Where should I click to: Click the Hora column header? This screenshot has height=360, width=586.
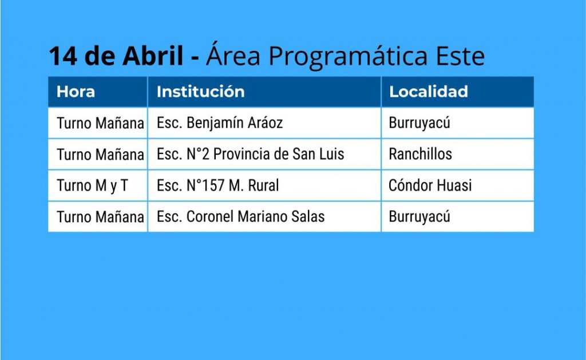[x=76, y=92]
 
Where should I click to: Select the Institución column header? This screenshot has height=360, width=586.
[x=200, y=92]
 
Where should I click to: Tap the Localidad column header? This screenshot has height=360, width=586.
[x=428, y=92]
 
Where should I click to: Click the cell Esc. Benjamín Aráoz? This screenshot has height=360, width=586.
[x=219, y=124]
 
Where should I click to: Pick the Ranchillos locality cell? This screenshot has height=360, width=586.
[x=420, y=154]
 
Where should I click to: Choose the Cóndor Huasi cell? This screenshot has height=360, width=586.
[x=430, y=185]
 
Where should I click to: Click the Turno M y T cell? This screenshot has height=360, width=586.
[x=92, y=186]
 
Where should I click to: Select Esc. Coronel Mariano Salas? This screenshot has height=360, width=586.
[x=240, y=217]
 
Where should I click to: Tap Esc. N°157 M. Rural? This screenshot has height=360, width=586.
[x=217, y=185]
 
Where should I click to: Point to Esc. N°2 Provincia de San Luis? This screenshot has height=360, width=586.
[x=250, y=154]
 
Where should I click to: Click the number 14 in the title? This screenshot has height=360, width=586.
[x=63, y=56]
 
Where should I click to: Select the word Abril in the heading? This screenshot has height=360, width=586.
[x=153, y=56]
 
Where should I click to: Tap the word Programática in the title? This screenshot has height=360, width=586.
[x=348, y=57]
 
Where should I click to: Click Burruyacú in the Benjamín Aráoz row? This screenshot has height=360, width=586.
[x=419, y=124]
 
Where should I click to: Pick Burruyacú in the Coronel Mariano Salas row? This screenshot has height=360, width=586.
[x=419, y=217]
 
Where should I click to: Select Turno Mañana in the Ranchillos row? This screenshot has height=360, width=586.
[x=100, y=155]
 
